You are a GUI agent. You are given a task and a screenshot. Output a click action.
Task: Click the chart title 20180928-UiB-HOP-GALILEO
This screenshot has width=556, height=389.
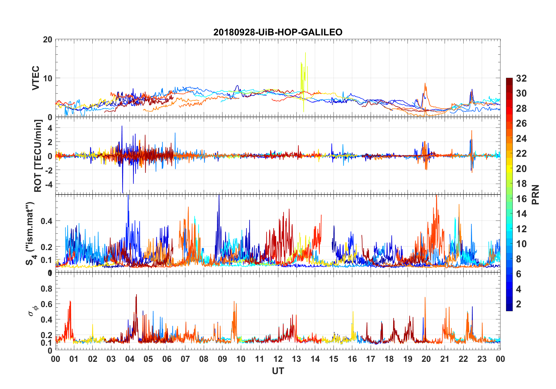coord(278,32)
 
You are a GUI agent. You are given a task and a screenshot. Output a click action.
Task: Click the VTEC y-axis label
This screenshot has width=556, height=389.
coord(36,78)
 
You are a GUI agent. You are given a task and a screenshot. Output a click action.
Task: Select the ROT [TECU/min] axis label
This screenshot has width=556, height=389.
coord(38,156)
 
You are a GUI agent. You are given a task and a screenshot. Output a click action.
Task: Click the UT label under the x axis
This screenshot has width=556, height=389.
coord(278,371)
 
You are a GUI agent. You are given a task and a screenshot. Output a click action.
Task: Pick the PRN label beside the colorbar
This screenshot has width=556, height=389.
coord(535,194)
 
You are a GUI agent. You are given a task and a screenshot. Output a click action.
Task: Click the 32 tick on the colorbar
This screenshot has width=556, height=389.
coord(521,78)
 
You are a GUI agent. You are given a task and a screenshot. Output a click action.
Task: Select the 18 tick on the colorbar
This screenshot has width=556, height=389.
coord(521,184)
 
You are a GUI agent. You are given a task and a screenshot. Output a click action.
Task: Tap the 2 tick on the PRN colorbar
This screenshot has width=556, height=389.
coord(519,304)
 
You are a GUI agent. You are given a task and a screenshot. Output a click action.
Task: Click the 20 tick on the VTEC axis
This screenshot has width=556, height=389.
coord(48,40)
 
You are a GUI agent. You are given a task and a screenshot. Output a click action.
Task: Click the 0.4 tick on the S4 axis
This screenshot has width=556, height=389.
coord(46,221)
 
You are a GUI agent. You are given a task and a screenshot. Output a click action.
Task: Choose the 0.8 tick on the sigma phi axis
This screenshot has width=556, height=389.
coord(46,289)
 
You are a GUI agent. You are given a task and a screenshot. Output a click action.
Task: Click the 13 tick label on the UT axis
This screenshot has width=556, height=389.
coord(296,359)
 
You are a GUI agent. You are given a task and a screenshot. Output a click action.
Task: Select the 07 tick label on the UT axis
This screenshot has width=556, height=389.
coord(185,359)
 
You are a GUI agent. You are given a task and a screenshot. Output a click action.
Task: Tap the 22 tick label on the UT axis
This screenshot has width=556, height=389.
coord(463,359)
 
